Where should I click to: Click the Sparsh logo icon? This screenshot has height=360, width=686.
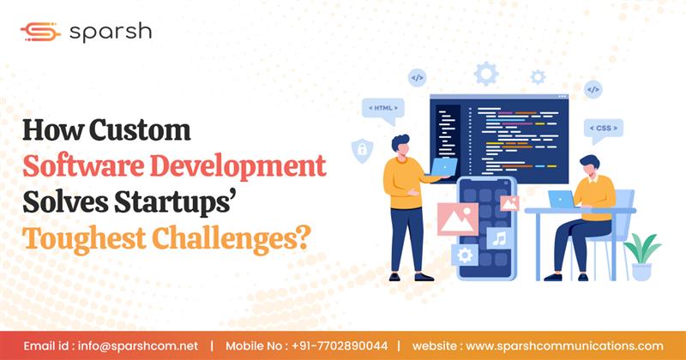39,32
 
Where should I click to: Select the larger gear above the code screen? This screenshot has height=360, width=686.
486,73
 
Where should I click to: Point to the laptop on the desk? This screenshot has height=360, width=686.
562,199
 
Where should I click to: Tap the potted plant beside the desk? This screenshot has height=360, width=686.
641,255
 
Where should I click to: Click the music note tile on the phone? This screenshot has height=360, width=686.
499,237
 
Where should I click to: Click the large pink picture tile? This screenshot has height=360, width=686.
457,219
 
